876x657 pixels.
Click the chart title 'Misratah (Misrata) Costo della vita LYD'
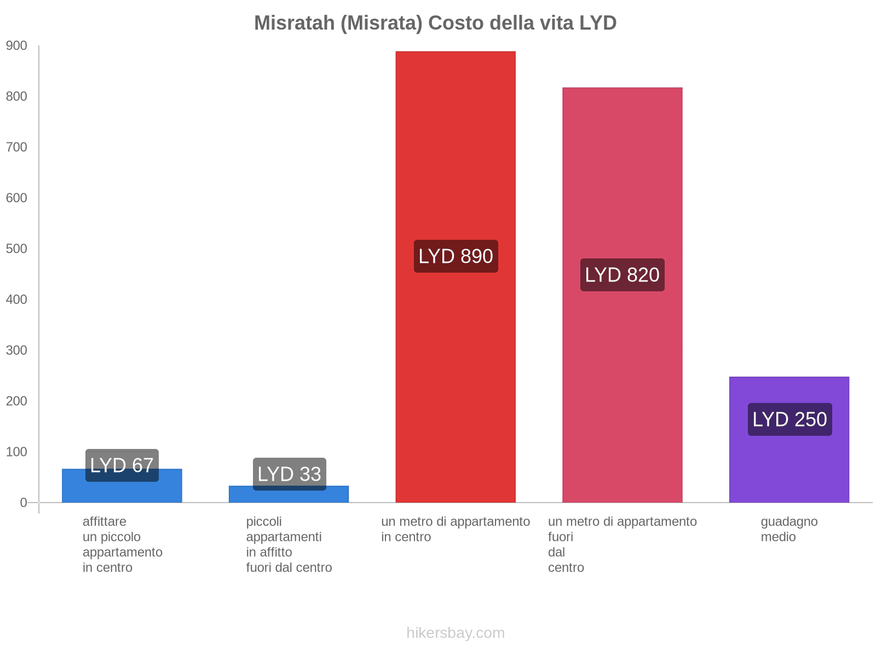435,23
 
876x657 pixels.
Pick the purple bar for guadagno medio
789,465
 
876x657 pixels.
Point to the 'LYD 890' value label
456,256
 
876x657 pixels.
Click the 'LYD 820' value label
622,275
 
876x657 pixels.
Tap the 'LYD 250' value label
789,419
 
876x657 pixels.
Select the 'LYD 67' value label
122,465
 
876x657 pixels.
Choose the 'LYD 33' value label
289,474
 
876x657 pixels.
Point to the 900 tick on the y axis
16,46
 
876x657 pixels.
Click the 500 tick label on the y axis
16,249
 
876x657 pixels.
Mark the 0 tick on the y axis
24,503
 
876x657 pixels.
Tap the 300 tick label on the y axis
16,350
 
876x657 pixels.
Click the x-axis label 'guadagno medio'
789,529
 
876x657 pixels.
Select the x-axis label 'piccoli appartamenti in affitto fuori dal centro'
289,545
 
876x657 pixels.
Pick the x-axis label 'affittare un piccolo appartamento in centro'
122,545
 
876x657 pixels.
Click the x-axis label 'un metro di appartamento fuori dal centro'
622,545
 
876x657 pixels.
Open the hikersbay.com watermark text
456,633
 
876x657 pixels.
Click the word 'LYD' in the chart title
598,23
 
